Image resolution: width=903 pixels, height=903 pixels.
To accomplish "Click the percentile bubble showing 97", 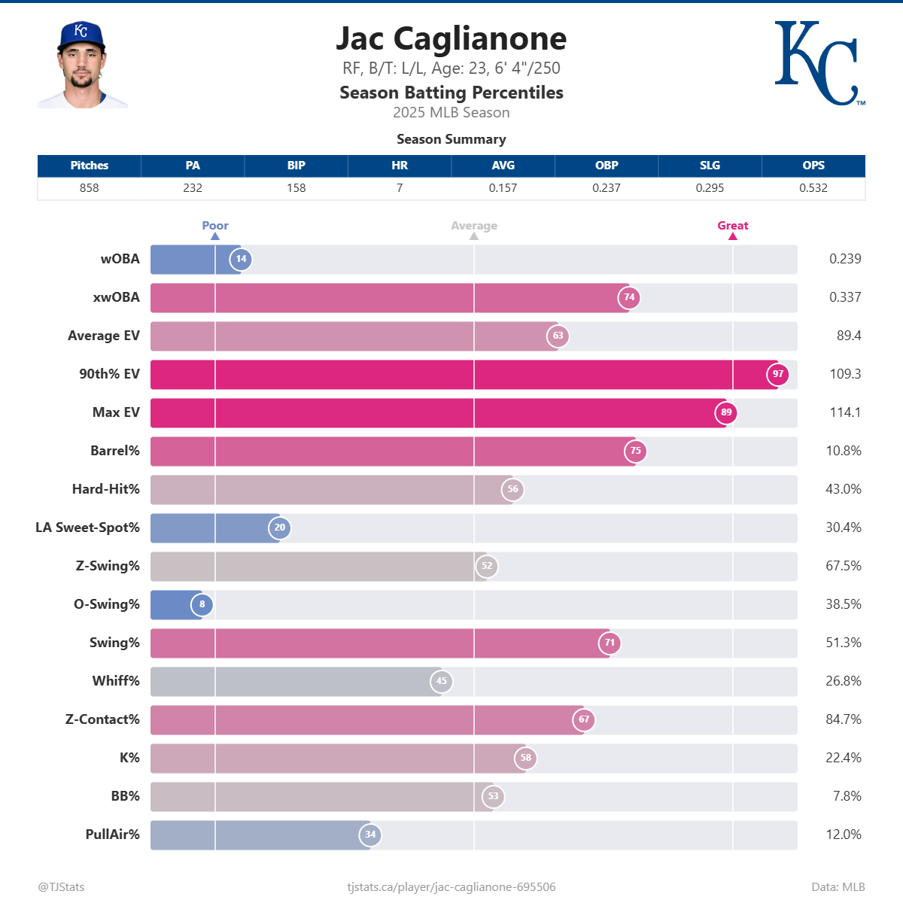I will tap(777, 374).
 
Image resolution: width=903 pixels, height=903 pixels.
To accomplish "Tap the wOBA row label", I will tap(120, 259).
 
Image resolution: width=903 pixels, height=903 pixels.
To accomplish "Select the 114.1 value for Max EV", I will tap(844, 412).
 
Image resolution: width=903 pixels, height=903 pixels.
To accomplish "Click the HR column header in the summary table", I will tap(400, 166).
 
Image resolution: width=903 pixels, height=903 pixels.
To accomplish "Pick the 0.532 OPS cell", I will tap(813, 188).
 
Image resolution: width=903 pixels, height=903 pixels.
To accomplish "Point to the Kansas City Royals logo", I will tap(818, 63).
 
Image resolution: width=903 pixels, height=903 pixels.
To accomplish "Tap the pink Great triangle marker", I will tap(732, 236).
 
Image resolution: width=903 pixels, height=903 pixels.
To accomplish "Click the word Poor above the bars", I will tap(214, 226).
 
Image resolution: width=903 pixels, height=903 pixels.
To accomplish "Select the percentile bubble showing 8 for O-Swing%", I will tap(202, 604).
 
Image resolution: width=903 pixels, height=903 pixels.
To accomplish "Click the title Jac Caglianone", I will tap(451, 39).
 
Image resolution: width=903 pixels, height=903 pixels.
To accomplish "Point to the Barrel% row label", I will tap(114, 451).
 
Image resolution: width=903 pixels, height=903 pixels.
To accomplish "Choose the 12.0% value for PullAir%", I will tap(843, 835).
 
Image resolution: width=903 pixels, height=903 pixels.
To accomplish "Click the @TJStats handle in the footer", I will tap(61, 887).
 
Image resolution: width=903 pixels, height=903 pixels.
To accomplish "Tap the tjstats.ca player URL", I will tap(451, 887).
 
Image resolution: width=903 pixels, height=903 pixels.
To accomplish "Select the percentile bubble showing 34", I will tap(370, 835).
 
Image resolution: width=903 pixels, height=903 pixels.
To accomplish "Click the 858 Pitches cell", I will tap(89, 188).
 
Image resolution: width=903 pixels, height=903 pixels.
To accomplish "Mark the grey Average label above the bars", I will tap(473, 226).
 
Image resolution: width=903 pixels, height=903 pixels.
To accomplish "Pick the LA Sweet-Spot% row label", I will tap(87, 528).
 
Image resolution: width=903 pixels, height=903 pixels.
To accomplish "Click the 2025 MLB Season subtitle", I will tap(451, 113).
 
